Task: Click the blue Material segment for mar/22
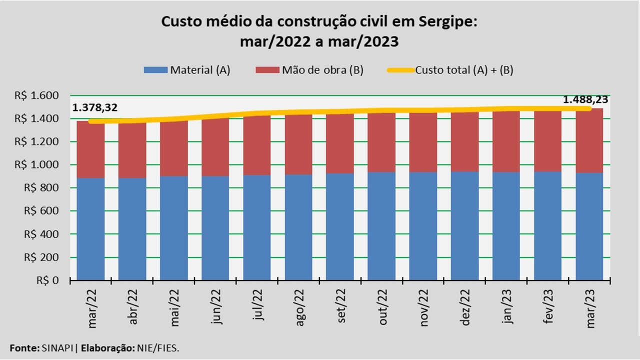point(90,228)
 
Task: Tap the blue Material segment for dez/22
point(465,225)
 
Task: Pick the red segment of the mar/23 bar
point(589,142)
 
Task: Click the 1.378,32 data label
point(95,107)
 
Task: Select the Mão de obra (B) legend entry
point(309,70)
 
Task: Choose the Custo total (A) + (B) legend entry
point(450,70)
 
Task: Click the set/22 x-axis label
point(341,311)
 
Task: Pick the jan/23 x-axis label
point(508,312)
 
